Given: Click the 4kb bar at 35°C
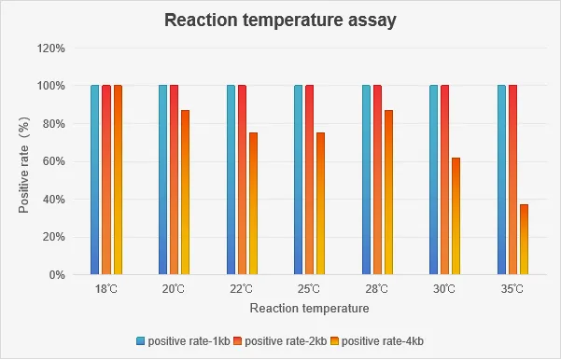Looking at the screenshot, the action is [524, 240].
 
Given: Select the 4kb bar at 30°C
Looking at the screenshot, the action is [456, 216].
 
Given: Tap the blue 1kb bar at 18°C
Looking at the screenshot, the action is [95, 180].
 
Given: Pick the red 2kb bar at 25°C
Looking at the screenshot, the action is [310, 180].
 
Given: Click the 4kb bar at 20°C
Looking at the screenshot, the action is [186, 192].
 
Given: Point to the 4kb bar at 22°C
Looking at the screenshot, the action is [253, 203].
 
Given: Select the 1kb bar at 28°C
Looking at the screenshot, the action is [366, 180].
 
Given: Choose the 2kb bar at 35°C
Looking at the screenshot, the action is [512, 180].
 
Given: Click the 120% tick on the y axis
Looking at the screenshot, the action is [51, 48].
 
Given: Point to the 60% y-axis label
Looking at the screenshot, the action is [53, 161].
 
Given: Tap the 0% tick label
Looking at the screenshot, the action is [56, 275].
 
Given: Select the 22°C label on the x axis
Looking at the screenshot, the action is [242, 289].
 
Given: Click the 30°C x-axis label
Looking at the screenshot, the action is [444, 289].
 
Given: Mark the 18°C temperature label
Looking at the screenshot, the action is [106, 289].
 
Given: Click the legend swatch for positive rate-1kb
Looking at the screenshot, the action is [141, 341].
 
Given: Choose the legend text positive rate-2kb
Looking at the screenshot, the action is [286, 341].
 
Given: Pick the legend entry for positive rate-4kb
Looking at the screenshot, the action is [377, 341].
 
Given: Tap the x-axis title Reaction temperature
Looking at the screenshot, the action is [310, 308].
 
